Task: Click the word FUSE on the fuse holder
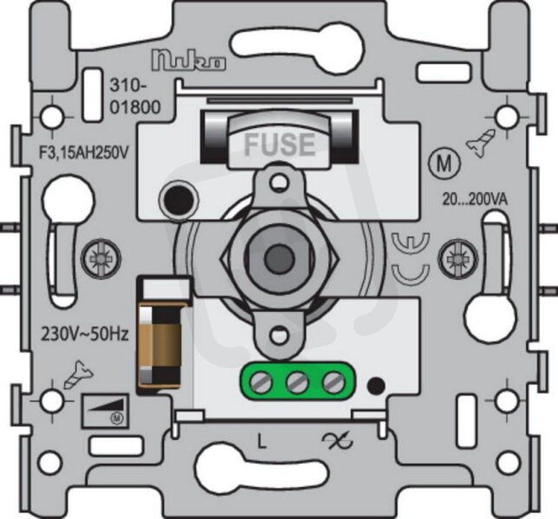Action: (280, 144)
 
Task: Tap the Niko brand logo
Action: (189, 60)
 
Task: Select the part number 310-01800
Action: (135, 96)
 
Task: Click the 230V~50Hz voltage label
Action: (85, 334)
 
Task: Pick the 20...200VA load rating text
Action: (475, 200)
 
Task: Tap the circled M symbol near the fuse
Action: (444, 163)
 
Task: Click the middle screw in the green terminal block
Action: (297, 383)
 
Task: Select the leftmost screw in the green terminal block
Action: (261, 383)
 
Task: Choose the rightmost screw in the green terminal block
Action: (334, 383)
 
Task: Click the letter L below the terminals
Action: (262, 441)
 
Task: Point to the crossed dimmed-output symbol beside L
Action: (337, 440)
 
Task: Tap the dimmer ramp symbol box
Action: (105, 410)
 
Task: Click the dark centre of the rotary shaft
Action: (280, 254)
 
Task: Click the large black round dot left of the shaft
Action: (178, 200)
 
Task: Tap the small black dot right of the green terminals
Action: (377, 386)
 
